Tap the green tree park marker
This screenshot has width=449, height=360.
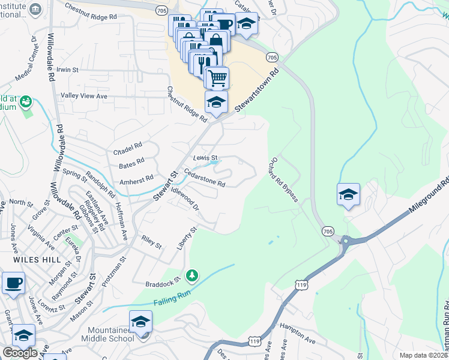192,275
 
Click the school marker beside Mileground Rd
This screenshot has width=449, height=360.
348,195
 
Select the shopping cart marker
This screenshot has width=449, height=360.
217,77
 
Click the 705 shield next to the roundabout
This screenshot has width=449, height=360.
328,231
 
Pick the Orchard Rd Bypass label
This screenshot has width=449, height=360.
284,179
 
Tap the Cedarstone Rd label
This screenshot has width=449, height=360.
204,179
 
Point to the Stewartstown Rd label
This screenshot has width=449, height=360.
258,89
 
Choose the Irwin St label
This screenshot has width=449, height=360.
67,70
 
